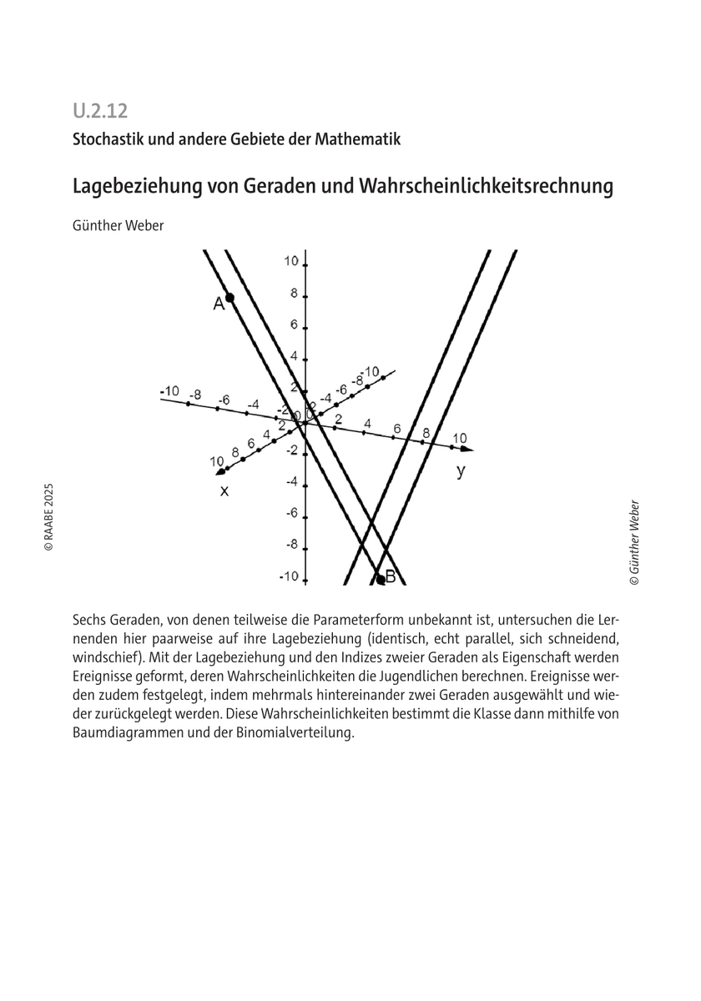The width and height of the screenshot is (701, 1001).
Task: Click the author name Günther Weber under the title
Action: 119,226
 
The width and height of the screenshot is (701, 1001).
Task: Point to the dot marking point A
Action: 229,297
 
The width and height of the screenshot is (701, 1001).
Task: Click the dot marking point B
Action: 381,578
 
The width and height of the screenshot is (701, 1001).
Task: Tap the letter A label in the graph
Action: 219,304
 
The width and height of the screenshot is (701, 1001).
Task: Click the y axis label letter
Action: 461,471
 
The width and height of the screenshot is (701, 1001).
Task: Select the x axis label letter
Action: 224,491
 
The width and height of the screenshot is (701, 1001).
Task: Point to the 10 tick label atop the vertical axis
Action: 290,261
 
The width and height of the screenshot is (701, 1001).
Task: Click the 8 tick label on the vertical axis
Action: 294,294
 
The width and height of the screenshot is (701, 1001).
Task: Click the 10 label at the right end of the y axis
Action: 460,438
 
